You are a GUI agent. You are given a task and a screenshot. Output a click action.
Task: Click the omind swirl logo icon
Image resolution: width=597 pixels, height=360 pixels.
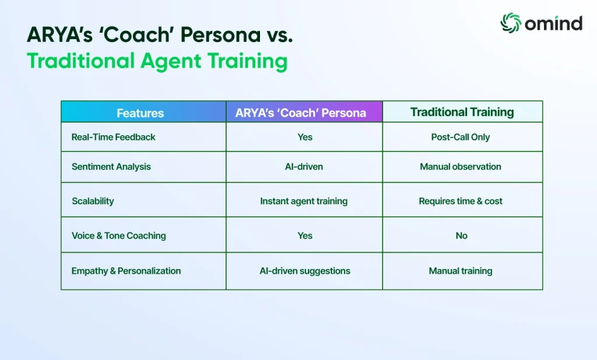click(510, 23)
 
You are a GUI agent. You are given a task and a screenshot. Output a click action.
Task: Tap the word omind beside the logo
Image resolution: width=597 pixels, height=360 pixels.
click(554, 24)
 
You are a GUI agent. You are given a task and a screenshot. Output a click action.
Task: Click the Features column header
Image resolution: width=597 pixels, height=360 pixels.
click(140, 113)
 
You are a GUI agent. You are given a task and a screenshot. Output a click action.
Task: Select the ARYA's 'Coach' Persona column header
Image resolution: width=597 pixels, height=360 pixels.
click(301, 112)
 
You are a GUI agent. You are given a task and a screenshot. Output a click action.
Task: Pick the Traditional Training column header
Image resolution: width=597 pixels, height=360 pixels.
click(462, 112)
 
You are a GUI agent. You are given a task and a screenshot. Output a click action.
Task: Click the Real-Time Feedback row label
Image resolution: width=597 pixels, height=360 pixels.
click(114, 137)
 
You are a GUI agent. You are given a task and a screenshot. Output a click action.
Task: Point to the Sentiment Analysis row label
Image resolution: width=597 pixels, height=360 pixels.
click(111, 167)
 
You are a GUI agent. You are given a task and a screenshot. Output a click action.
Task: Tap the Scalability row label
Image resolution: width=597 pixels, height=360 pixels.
click(93, 201)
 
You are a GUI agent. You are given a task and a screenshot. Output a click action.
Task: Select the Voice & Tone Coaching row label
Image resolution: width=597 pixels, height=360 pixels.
click(119, 235)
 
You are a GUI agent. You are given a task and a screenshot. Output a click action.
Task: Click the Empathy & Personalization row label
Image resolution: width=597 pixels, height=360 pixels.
click(126, 271)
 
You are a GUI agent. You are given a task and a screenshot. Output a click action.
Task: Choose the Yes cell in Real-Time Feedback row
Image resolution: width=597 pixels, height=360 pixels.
click(305, 137)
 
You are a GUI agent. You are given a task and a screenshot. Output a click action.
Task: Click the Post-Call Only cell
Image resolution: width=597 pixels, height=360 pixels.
click(461, 137)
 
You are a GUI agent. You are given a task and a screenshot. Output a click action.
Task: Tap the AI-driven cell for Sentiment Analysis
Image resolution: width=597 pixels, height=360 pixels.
click(304, 167)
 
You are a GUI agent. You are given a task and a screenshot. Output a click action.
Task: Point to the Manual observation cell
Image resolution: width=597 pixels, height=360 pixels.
click(461, 167)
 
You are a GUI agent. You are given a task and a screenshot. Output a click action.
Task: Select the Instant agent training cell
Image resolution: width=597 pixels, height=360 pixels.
click(304, 201)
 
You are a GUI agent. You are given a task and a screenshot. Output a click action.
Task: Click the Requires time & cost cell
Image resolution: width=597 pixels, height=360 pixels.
click(461, 201)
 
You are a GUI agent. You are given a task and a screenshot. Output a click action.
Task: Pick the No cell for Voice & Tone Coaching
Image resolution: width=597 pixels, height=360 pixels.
click(462, 235)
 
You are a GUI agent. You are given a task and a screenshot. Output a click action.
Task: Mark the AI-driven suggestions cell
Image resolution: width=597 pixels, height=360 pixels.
click(305, 271)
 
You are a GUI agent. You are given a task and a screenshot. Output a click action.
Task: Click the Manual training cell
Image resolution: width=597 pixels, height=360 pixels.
click(461, 271)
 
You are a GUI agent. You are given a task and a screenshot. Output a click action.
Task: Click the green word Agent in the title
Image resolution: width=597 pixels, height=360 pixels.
click(171, 61)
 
